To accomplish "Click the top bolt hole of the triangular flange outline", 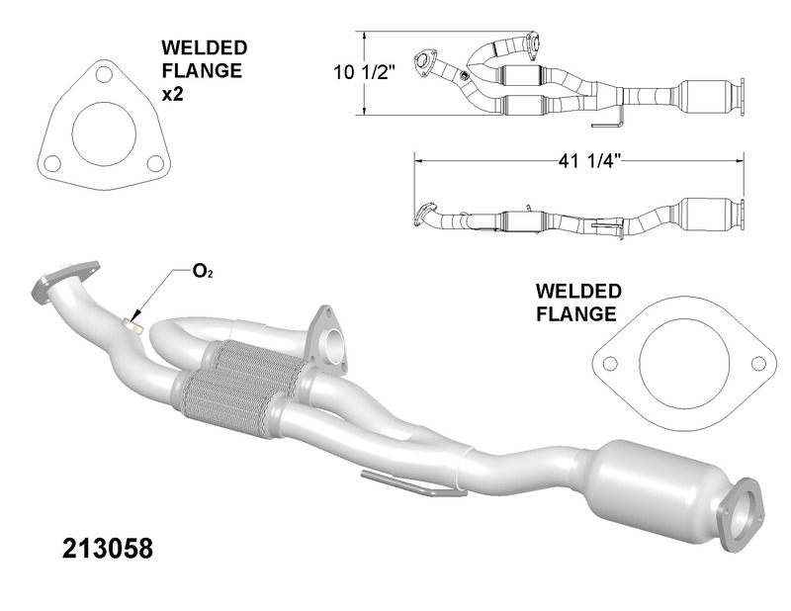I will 101,74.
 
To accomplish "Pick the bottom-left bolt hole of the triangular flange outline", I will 53,163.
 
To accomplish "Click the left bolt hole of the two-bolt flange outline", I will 609,363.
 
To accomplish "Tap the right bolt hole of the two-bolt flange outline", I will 758,363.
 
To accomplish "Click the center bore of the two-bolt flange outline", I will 684,365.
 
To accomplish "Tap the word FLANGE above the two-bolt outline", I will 576,314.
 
